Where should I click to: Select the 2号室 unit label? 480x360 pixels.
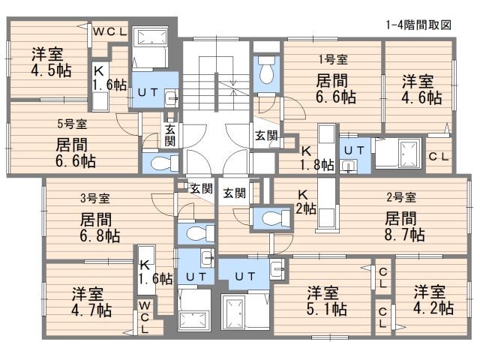pos(401,198)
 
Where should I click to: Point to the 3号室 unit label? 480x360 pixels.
pos(95,198)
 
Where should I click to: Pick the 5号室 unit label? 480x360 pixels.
pos(72,124)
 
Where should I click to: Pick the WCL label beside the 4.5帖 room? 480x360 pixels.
pos(112,31)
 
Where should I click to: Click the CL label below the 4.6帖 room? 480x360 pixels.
pos(438,156)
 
